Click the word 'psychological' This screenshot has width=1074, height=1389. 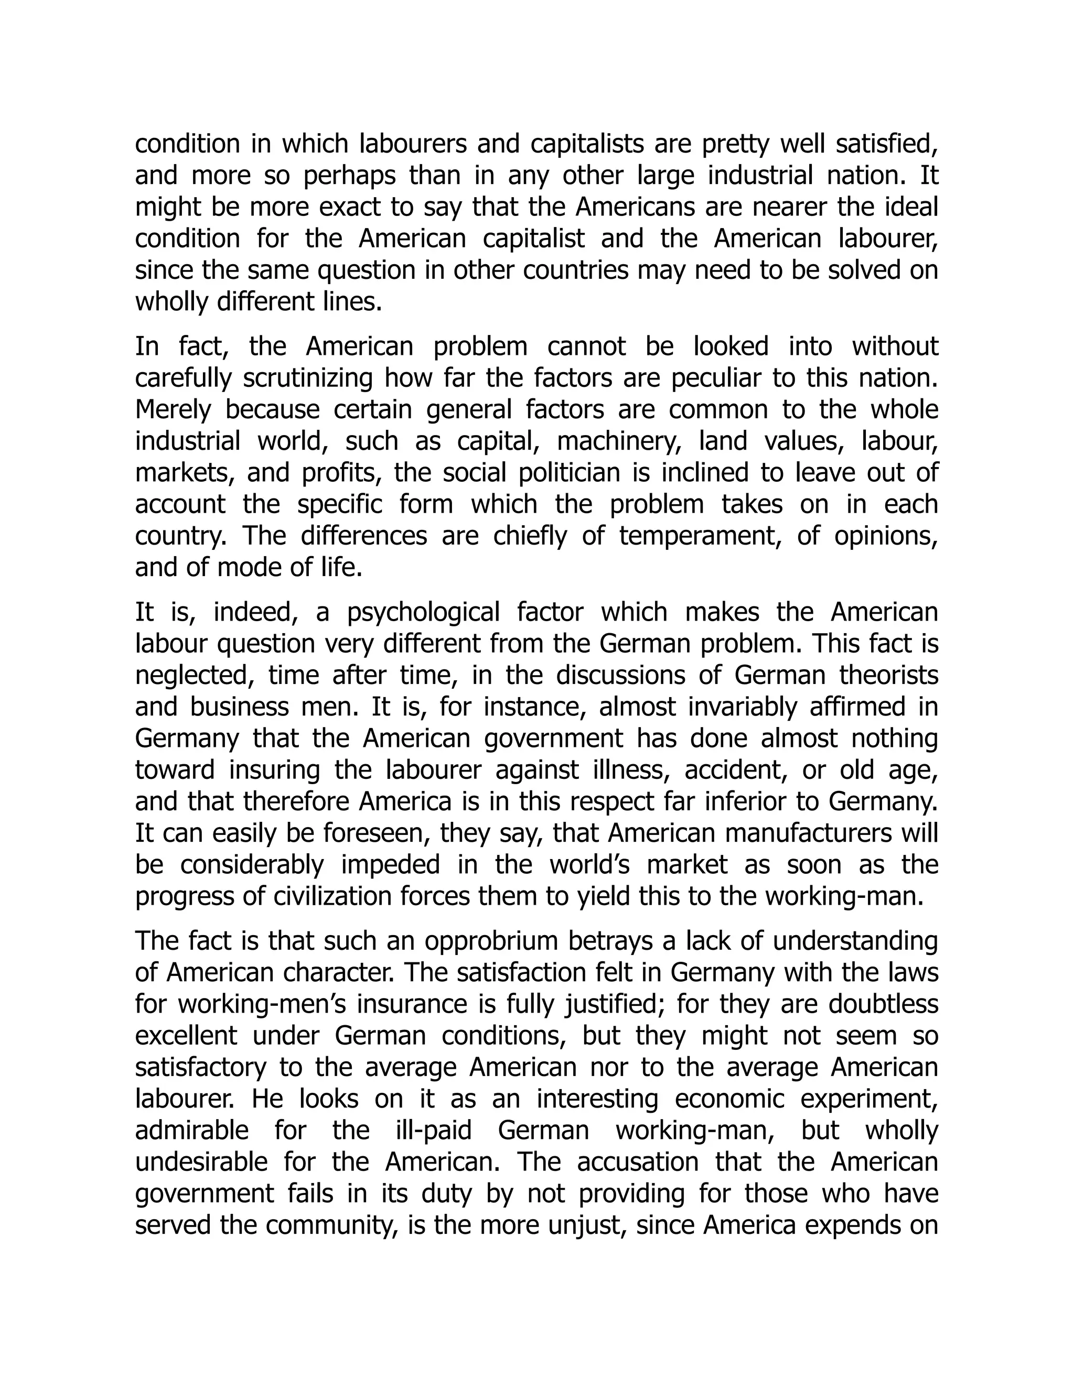pos(424,612)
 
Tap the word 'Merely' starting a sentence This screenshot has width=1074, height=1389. pos(173,409)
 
